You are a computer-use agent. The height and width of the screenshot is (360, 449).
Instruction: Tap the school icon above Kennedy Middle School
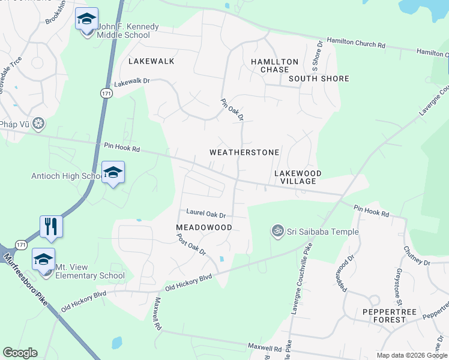click(x=87, y=19)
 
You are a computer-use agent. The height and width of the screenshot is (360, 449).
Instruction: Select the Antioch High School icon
click(x=113, y=173)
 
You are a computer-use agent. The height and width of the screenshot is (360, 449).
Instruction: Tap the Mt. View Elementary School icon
click(x=43, y=259)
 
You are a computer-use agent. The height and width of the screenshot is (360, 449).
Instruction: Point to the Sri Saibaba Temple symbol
click(x=277, y=232)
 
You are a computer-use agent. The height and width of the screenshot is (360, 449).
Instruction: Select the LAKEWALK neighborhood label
click(x=151, y=61)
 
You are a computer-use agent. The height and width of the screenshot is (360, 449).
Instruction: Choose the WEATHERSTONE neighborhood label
click(x=244, y=152)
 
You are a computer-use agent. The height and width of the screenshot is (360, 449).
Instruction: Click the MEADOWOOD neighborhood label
click(x=204, y=227)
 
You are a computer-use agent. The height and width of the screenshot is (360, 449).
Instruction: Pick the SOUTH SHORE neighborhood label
click(x=319, y=79)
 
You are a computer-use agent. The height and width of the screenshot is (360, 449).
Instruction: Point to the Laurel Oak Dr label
click(x=205, y=214)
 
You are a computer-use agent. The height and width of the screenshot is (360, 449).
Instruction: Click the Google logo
click(x=20, y=353)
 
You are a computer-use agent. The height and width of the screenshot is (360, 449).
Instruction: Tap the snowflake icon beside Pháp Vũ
click(x=39, y=124)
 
